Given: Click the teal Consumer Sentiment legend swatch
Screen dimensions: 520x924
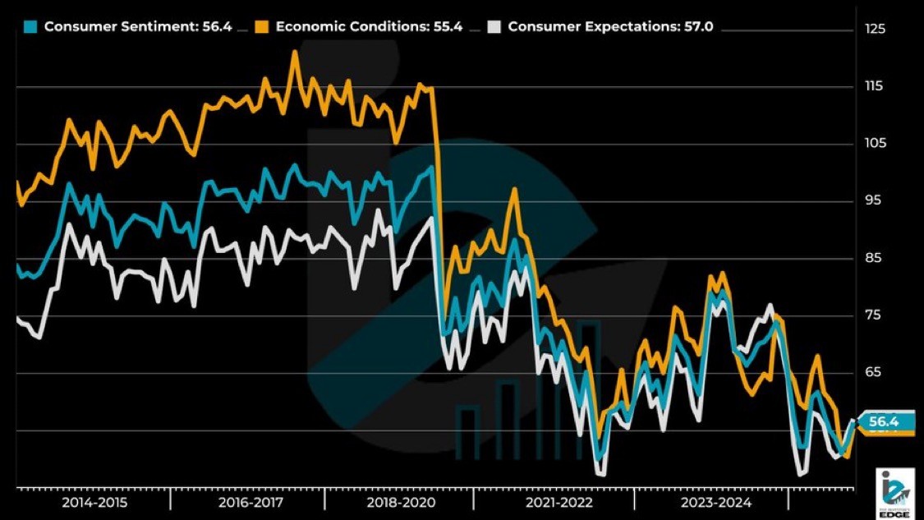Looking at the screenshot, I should [30, 26].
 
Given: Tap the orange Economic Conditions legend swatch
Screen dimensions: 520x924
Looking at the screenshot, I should [262, 26].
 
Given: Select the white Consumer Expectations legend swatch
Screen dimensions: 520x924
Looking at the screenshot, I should [494, 26].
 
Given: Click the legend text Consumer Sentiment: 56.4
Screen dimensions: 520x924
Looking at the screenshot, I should [138, 26].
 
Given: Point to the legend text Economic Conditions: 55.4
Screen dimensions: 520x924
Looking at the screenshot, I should [369, 26].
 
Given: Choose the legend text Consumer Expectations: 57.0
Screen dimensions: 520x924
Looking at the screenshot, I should [609, 26].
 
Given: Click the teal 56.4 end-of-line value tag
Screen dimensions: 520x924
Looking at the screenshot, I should [885, 422].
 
